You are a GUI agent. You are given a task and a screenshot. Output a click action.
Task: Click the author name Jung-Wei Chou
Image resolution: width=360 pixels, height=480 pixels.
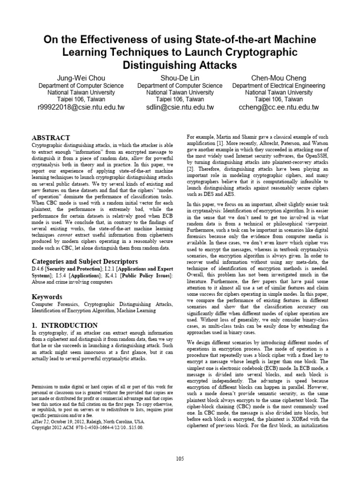pyautogui.click(x=81, y=77)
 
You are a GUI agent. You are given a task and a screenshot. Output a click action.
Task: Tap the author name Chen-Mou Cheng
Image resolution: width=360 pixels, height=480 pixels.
pyautogui.click(x=278, y=77)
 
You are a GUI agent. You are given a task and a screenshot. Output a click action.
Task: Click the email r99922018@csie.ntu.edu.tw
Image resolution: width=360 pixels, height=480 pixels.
pyautogui.click(x=81, y=107)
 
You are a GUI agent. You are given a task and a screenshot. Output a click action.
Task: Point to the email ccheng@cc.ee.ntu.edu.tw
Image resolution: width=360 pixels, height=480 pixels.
pyautogui.click(x=278, y=107)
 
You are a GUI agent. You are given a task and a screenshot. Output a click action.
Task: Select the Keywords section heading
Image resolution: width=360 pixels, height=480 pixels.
pyautogui.click(x=47, y=297)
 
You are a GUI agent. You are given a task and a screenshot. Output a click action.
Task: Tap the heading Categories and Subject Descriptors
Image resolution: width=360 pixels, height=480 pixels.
pyautogui.click(x=84, y=261)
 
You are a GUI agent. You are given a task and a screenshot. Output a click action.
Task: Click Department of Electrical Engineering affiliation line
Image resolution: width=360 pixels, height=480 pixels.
pyautogui.click(x=278, y=86)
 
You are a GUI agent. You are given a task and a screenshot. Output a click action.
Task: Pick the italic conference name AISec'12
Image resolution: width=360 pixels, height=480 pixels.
pyautogui.click(x=42, y=409)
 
